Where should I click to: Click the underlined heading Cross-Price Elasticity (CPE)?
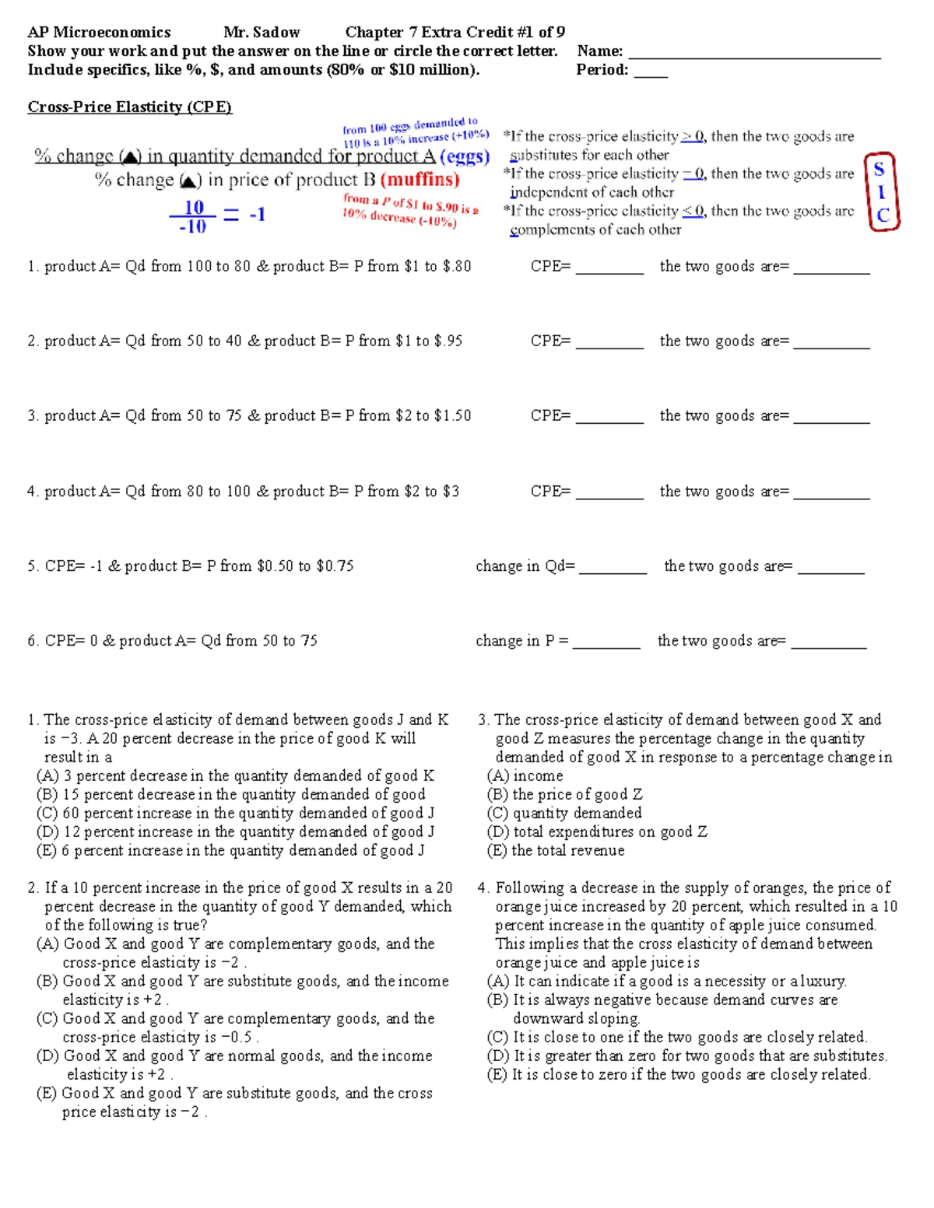click(130, 107)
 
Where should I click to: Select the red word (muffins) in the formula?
click(420, 180)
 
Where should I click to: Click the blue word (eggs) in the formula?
click(465, 156)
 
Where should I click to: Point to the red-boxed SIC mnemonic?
click(882, 192)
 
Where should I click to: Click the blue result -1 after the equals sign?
click(258, 214)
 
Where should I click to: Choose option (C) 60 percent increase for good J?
click(235, 813)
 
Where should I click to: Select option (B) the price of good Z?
click(565, 794)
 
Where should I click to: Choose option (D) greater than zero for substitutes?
click(687, 1056)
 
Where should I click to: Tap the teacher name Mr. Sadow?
click(262, 33)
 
